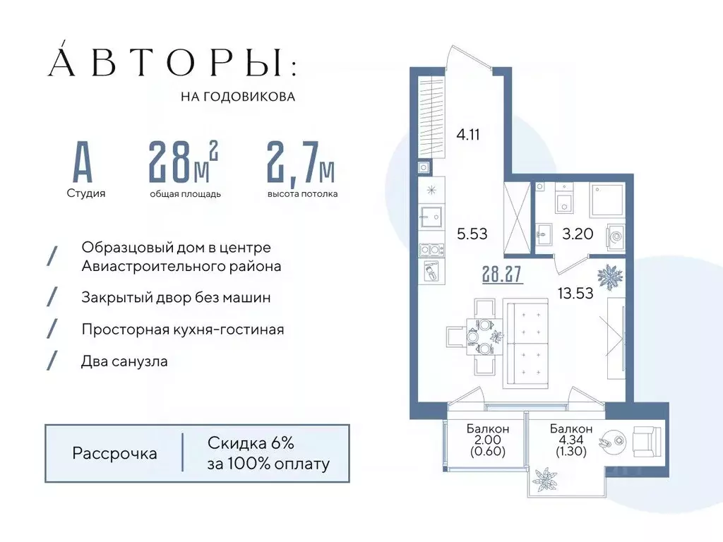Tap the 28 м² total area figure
pyautogui.click(x=183, y=162)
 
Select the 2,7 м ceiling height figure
pyautogui.click(x=301, y=162)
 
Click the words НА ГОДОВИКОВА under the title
pyautogui.click(x=238, y=97)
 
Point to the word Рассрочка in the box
pyautogui.click(x=114, y=453)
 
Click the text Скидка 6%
pyautogui.click(x=251, y=443)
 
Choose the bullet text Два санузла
pyautogui.click(x=125, y=361)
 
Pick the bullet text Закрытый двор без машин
pyautogui.click(x=176, y=297)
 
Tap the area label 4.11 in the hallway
pyautogui.click(x=468, y=134)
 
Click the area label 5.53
pyautogui.click(x=472, y=234)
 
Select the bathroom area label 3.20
pyautogui.click(x=577, y=234)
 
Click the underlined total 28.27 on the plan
pyautogui.click(x=502, y=275)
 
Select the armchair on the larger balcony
pyautogui.click(x=647, y=442)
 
